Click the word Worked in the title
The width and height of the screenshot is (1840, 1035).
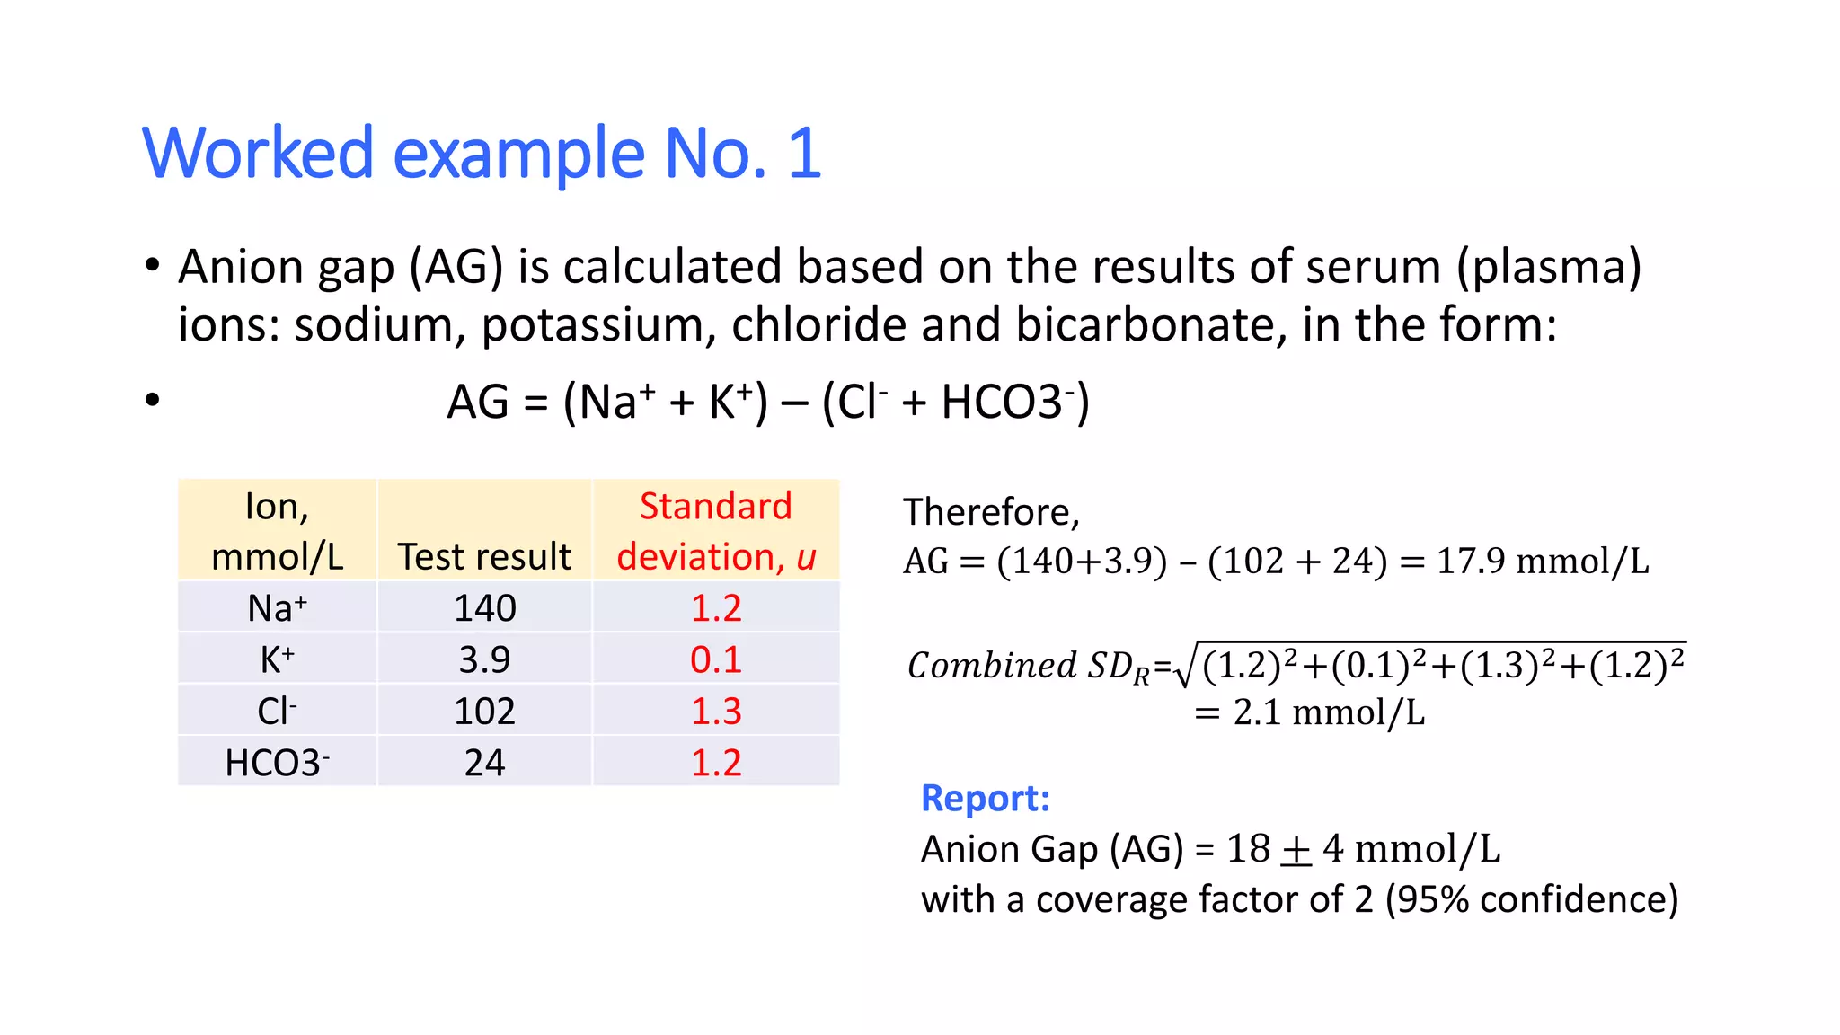pos(257,154)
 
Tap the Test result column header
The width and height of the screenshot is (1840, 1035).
pos(484,556)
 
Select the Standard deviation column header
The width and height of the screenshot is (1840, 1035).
pos(715,531)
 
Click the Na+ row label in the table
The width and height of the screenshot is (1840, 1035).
pos(277,608)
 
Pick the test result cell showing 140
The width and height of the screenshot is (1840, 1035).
pos(484,608)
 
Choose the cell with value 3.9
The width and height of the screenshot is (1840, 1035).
pos(484,659)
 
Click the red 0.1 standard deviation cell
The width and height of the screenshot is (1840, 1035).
pos(715,659)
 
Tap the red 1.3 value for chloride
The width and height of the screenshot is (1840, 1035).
pos(715,711)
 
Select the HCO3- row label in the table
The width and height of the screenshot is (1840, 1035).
pos(277,763)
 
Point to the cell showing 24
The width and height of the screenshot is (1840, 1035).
pos(484,763)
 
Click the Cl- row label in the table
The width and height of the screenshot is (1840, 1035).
pos(277,711)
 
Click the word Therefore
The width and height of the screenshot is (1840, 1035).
pos(989,512)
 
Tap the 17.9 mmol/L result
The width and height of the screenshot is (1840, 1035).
pos(1542,562)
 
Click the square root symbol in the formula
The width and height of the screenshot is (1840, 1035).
pos(1184,667)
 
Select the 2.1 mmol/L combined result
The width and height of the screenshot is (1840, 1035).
pos(1310,712)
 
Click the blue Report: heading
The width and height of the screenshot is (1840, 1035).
pos(985,798)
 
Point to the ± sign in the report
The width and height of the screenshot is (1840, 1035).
pos(1296,850)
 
